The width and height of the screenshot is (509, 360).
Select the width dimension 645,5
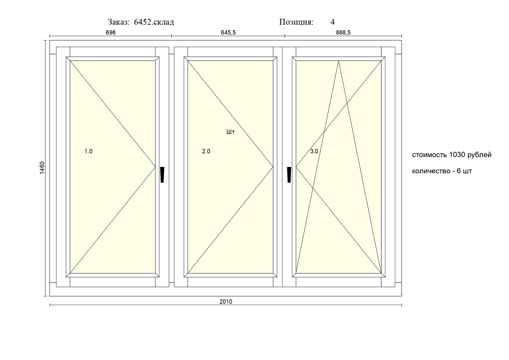[x=228, y=33]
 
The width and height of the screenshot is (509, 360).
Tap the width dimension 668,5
[x=343, y=33]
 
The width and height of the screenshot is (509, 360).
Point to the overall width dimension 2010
[x=226, y=301]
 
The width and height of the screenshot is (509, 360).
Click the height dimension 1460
[x=41, y=168]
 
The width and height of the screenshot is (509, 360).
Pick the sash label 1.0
[x=89, y=152]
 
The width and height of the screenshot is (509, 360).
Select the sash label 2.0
[x=206, y=152]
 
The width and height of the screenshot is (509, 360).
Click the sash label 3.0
[x=314, y=152]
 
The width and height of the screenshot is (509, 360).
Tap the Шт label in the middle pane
[x=231, y=132]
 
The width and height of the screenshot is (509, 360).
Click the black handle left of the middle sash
[x=162, y=175]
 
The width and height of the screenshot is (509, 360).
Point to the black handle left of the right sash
[x=289, y=175]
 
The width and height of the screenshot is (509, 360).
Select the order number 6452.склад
[x=154, y=22]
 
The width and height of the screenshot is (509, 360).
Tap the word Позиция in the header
[x=296, y=22]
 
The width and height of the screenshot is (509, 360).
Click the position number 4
[x=332, y=22]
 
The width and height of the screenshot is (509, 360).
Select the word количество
[x=430, y=171]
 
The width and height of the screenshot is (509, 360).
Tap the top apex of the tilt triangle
[x=339, y=61]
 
